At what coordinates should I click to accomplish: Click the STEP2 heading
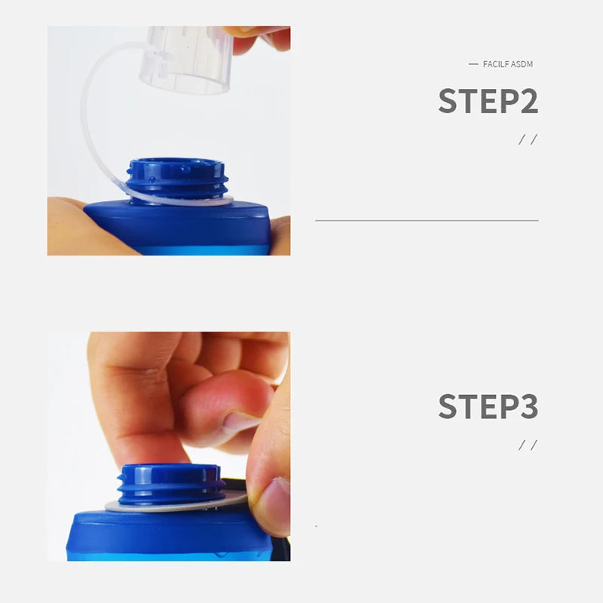488,101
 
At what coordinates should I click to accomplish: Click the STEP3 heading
488,406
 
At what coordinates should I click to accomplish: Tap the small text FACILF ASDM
507,64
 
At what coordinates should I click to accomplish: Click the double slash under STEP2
528,139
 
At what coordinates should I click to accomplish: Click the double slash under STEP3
528,445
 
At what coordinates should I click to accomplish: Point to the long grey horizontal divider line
427,220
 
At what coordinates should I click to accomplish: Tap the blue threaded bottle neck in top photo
176,179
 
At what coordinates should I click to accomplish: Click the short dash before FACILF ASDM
473,64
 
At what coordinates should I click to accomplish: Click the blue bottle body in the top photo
181,230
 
